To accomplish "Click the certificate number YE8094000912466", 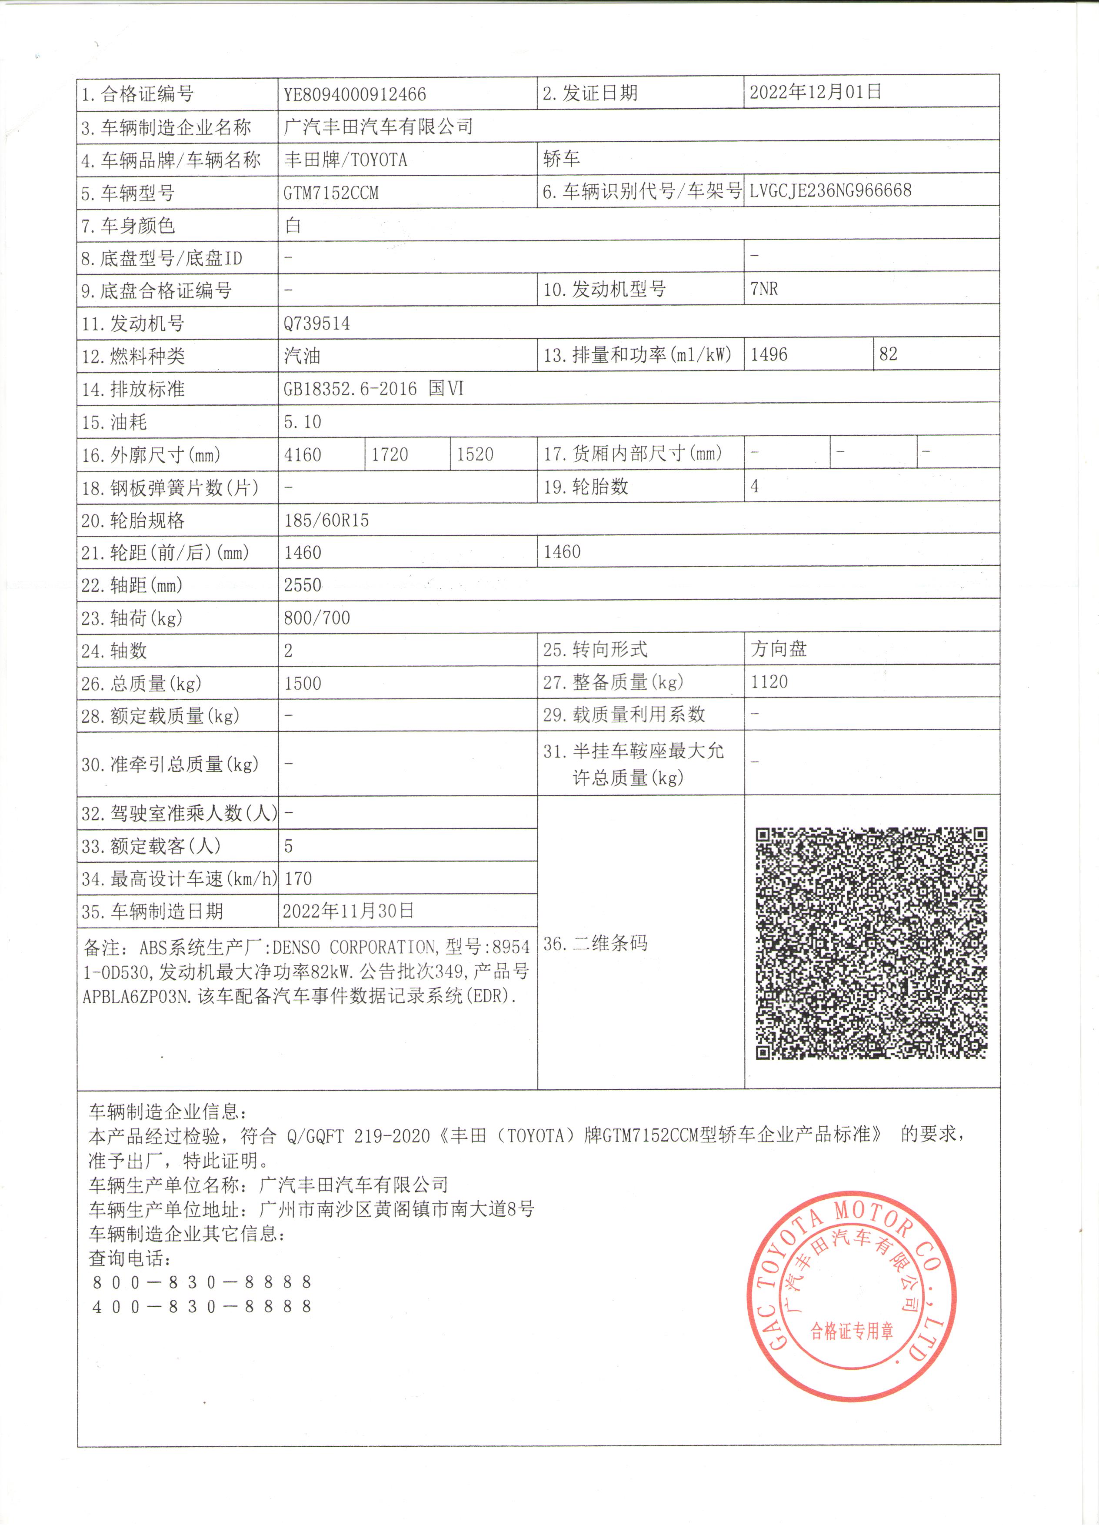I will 354,94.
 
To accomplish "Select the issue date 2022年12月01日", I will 816,91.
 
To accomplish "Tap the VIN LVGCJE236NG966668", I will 830,190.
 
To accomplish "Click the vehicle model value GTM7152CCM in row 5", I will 331,193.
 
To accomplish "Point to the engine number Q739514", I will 316,324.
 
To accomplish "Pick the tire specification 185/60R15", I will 326,520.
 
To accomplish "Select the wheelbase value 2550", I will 303,585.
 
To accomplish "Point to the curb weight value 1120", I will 769,682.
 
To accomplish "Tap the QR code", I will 871,943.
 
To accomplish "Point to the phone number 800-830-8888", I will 202,1282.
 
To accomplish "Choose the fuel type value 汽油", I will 302,356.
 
